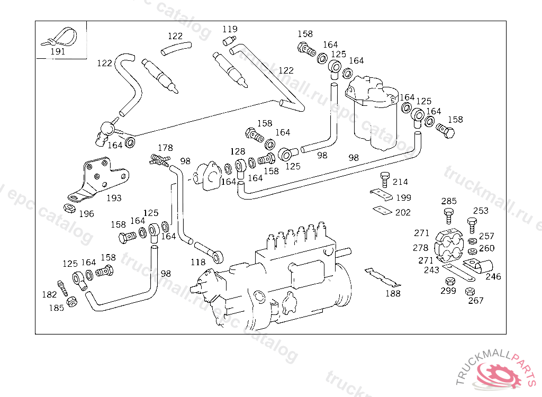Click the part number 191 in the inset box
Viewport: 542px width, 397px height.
pos(58,51)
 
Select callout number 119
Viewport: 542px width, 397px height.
pos(230,29)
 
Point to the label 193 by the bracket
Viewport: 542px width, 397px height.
pos(114,198)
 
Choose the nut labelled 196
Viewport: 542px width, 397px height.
pos(69,208)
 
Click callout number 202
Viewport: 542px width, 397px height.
pos(403,212)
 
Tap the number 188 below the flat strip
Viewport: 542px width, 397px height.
pos(393,293)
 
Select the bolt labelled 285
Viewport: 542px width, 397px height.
pos(448,216)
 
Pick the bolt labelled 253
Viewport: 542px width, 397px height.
pos(472,225)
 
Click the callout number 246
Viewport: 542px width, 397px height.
pos(493,276)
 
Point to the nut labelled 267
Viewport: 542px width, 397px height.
pos(470,291)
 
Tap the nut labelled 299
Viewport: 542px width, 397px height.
pos(450,281)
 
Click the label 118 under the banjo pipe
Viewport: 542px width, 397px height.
pos(198,263)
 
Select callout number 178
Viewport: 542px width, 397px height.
pos(165,148)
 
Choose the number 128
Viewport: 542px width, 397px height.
pos(238,151)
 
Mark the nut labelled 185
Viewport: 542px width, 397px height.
pos(71,302)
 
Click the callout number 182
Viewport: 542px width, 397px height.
pos(49,294)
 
